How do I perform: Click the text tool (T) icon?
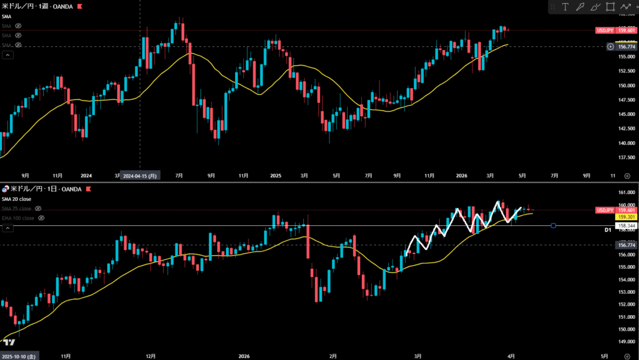point(565,7)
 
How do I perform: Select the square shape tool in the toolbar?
point(610,7)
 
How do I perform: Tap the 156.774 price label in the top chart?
point(626,46)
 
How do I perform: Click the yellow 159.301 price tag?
point(626,218)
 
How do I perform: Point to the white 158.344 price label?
point(626,225)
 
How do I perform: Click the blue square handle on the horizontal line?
point(554,225)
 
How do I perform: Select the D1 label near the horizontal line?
point(607,230)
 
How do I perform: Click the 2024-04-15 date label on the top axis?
point(140,176)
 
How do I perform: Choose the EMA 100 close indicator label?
point(17,218)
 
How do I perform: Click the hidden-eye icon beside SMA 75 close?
point(38,208)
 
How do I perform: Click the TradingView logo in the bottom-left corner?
point(9,343)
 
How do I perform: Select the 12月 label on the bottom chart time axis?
point(150,356)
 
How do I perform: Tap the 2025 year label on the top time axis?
point(275,176)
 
